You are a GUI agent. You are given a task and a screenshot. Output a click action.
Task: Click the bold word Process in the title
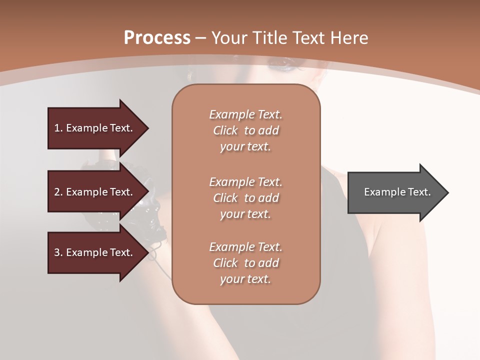coord(157,37)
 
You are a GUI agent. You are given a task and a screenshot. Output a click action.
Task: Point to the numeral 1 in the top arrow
coord(57,128)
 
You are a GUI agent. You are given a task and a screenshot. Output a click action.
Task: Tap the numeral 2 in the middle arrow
coord(57,192)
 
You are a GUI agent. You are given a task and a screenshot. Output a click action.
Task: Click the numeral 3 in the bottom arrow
coord(57,252)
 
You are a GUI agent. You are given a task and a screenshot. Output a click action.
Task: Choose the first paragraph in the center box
coord(246,130)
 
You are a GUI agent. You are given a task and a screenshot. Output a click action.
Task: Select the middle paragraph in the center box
coord(246,198)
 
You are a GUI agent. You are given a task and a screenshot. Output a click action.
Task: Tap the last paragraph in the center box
coord(246,263)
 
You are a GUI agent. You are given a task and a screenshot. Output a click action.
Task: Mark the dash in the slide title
coord(201,38)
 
